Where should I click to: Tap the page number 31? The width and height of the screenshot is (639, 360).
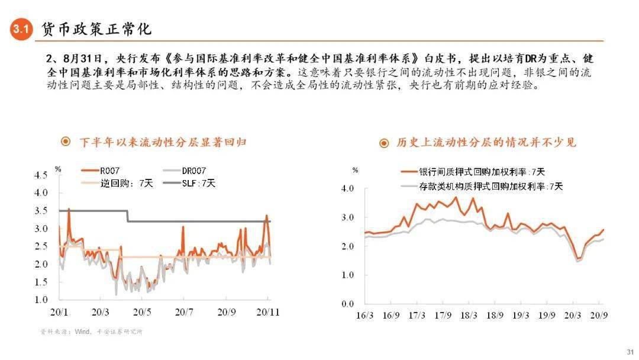629,352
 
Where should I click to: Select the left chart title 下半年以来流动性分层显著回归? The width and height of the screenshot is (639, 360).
163,142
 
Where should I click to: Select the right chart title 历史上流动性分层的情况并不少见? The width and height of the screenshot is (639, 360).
486,143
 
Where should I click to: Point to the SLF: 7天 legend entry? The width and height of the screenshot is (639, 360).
199,184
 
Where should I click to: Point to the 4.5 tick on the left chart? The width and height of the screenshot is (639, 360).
40,175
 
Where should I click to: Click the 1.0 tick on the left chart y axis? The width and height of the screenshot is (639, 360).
40,300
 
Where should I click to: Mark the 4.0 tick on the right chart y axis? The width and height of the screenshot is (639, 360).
347,189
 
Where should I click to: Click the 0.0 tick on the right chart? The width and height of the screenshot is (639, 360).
347,304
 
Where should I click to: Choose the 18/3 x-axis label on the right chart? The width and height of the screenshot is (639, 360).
470,316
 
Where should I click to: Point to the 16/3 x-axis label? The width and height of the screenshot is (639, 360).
365,316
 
